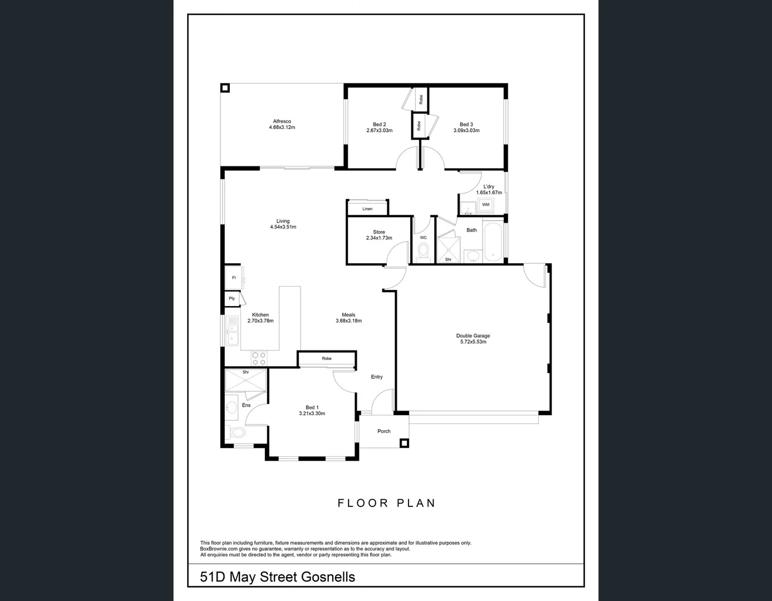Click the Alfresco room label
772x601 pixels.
282,121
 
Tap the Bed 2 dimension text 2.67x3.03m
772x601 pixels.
379,131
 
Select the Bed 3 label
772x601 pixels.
466,125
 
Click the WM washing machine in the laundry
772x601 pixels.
485,205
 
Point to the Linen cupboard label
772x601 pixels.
367,209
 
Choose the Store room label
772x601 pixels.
379,232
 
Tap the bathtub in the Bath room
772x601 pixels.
493,242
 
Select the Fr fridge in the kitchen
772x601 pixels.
234,278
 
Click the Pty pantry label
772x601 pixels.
232,299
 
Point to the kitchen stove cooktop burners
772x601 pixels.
259,358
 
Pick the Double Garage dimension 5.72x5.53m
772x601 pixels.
473,342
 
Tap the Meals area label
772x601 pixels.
348,315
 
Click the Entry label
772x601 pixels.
377,377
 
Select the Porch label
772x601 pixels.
384,431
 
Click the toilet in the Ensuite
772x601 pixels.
236,432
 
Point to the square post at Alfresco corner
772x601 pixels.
225,88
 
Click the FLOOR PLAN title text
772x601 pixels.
386,503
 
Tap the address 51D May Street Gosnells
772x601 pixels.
277,577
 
